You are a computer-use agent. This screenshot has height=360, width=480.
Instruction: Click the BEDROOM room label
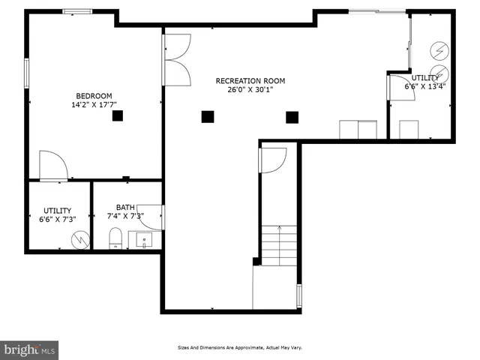[x=94, y=95]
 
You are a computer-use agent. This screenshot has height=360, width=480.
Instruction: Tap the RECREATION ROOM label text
[x=250, y=81]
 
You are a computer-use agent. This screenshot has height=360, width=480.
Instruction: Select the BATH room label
[x=124, y=208]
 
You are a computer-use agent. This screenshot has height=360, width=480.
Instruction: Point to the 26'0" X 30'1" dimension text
[x=250, y=90]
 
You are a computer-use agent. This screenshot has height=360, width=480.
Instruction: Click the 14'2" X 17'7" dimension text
[x=94, y=105]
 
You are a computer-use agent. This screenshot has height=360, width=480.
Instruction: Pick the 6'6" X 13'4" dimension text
[x=425, y=86]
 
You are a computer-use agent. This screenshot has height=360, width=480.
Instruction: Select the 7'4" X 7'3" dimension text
[x=124, y=217]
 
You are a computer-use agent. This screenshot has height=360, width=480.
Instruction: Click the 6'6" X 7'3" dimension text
[x=57, y=220]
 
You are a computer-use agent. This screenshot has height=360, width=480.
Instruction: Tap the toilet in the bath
[x=115, y=239]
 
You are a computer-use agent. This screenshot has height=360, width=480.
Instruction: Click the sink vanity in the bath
[x=143, y=240]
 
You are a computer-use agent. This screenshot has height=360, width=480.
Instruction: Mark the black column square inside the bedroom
[x=118, y=115]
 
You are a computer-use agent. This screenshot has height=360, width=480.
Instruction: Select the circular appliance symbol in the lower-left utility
[x=79, y=239]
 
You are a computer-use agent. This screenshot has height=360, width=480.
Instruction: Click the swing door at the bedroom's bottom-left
[x=52, y=166]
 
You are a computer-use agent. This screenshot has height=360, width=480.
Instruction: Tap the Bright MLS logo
[x=30, y=349]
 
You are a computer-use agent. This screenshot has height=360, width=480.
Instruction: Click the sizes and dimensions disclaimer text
[x=239, y=347]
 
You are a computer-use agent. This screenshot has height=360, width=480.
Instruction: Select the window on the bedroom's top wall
[x=77, y=11]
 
